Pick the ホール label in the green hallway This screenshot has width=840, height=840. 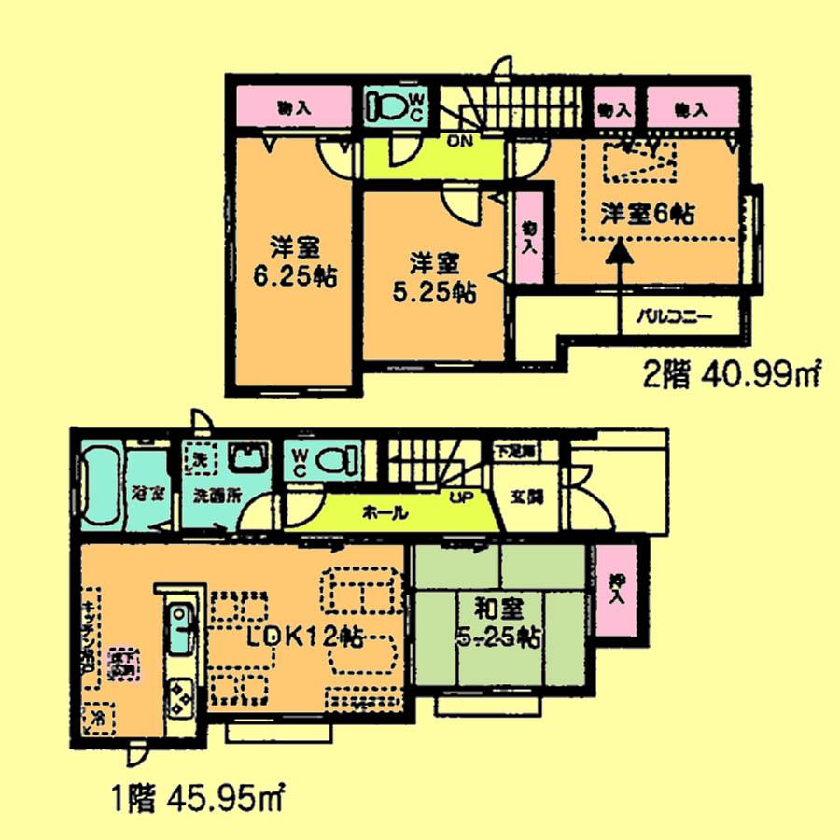coord(383,512)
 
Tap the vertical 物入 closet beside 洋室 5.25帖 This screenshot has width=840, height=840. coord(528,238)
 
